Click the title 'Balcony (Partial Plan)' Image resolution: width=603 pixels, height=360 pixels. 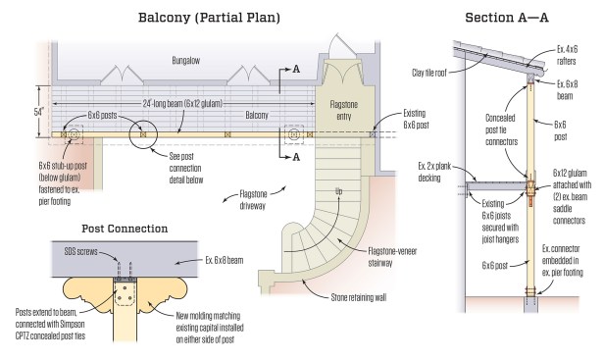209,18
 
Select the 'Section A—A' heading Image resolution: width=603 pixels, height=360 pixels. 507,18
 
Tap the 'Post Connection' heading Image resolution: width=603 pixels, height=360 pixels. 125,229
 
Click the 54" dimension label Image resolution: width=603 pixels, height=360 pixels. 39,112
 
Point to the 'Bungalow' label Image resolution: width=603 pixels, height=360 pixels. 185,61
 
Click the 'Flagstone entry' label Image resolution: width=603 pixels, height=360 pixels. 344,110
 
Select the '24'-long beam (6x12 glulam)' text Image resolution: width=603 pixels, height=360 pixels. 182,103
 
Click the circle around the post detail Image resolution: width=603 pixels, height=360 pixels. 143,121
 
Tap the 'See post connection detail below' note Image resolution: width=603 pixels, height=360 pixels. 186,168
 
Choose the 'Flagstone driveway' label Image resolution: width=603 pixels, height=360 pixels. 253,199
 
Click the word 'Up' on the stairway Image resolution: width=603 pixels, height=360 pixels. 339,191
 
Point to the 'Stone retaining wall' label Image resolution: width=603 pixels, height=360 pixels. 359,297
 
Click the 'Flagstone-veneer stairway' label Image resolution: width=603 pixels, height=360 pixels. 392,257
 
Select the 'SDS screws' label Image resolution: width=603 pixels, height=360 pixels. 80,252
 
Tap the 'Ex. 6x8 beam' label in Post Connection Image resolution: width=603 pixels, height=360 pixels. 225,260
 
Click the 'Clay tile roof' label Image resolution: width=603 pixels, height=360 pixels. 429,73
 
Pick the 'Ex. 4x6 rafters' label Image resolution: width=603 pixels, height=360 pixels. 567,55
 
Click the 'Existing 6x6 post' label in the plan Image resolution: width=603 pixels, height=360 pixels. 416,119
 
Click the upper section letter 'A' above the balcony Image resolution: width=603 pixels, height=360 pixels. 296,70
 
